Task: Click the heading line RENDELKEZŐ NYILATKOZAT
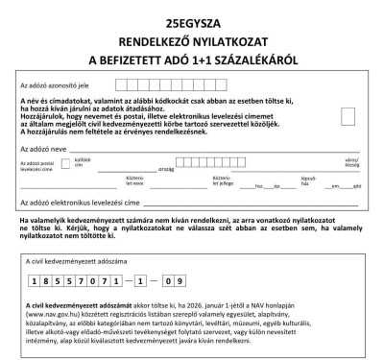[x=192, y=41]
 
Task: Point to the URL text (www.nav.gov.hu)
[x=46, y=313]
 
